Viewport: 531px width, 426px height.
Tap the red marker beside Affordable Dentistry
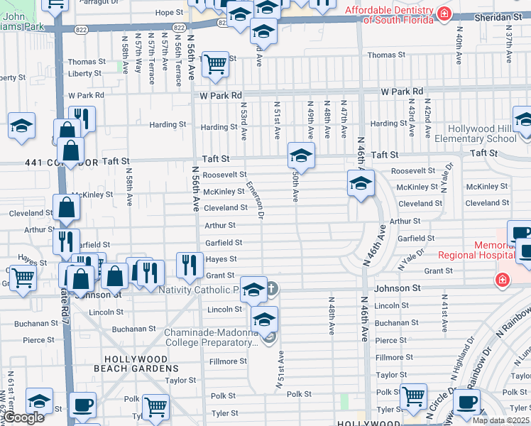444,13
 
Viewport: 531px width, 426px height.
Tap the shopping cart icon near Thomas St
215,65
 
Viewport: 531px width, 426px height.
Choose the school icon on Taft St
301,155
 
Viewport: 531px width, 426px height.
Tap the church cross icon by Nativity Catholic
270,288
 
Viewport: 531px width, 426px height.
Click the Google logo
23,417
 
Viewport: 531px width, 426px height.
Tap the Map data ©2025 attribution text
501,420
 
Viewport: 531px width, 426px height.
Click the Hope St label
169,13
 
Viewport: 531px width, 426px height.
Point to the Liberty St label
85,74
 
